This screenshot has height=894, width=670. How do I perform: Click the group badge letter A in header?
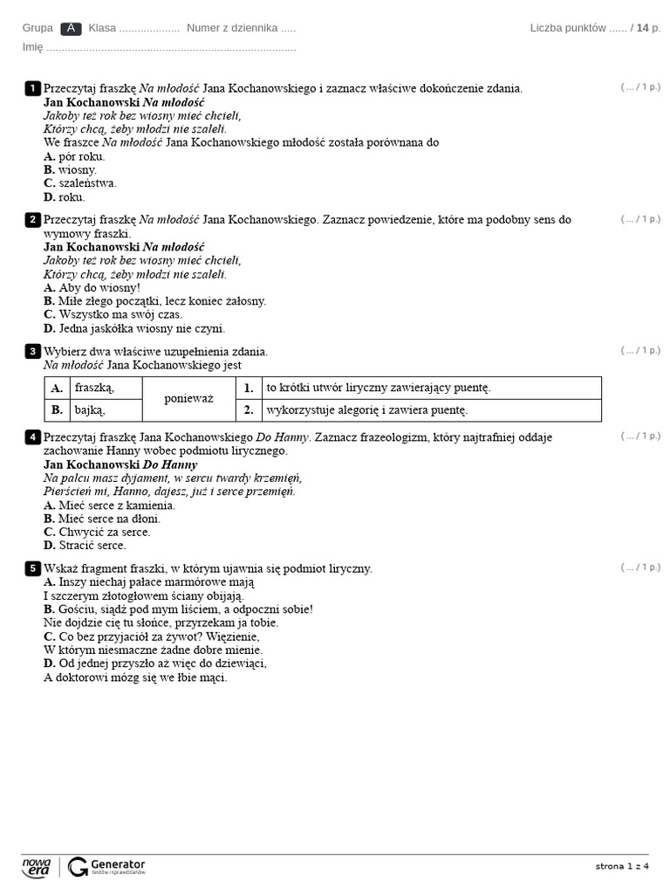tap(71, 28)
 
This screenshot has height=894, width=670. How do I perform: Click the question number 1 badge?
tap(32, 88)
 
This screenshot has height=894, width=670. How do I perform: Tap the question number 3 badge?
tap(32, 352)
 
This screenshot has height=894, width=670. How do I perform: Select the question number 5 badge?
tap(32, 569)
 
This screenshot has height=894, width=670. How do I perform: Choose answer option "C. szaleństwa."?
tap(79, 183)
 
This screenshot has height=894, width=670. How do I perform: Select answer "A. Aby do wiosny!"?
tap(92, 287)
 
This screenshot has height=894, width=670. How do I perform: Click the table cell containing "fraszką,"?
tap(94, 388)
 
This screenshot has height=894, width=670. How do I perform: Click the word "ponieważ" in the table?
tap(188, 399)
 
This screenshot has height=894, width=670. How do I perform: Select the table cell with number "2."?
tap(249, 409)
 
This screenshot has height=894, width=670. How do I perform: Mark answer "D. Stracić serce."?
tap(85, 545)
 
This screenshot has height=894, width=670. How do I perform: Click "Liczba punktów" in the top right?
tap(568, 28)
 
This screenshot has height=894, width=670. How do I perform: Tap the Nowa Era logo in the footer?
tap(37, 866)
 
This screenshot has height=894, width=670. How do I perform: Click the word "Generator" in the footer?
tap(118, 862)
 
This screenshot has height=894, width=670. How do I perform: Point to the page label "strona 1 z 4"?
tap(622, 866)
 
